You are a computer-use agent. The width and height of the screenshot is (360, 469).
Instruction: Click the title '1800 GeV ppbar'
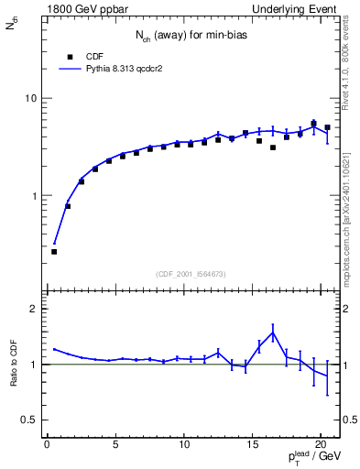pyautogui.click(x=82, y=8)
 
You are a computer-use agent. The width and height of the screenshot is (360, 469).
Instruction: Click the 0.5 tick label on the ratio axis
pyautogui.click(x=27, y=420)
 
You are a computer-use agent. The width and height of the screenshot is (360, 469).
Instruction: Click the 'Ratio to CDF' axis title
pyautogui.click(x=14, y=365)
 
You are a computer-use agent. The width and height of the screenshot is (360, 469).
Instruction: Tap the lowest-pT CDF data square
pyautogui.click(x=54, y=251)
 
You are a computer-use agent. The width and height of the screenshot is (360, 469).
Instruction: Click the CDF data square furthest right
pyautogui.click(x=327, y=127)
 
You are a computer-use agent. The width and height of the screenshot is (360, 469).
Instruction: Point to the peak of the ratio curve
pyautogui.click(x=273, y=333)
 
